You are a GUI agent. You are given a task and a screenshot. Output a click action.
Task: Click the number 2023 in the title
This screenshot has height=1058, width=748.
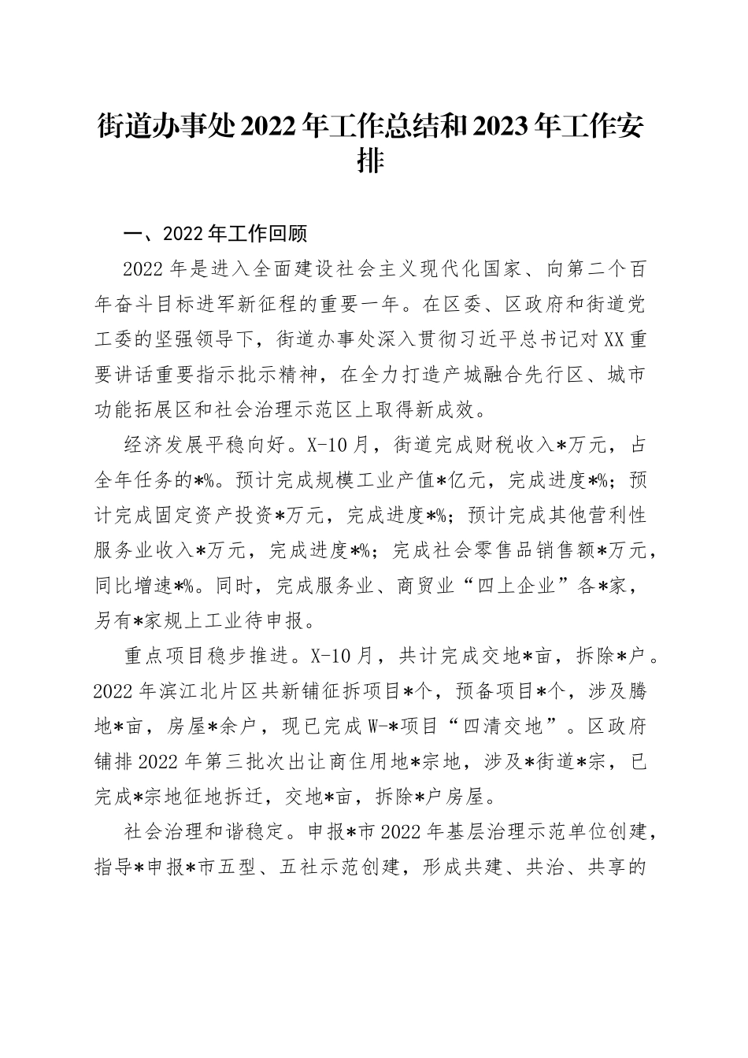click(501, 126)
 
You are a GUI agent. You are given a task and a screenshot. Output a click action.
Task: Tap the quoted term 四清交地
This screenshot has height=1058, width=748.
click(504, 725)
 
